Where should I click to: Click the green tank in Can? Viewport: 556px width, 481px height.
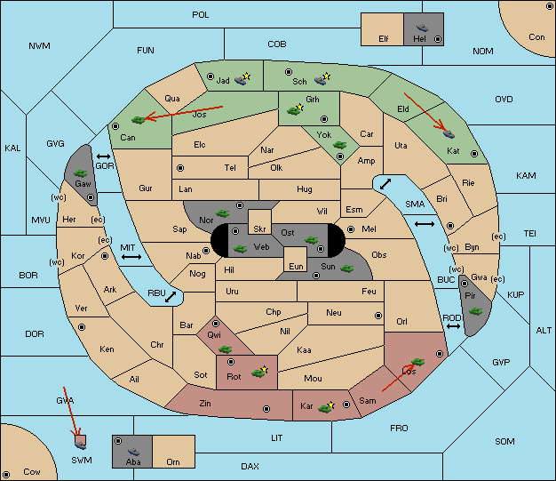[x=139, y=120]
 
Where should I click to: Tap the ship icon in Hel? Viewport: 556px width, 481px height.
[x=422, y=28]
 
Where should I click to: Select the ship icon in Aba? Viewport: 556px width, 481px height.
[x=134, y=451]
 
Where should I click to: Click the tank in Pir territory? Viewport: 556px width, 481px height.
[x=475, y=311]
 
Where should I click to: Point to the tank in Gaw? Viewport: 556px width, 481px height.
[x=81, y=172]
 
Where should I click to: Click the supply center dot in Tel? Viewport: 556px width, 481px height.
[x=180, y=167]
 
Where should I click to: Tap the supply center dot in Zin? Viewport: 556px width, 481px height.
[x=266, y=409]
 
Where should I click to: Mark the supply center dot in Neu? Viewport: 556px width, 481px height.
[x=378, y=316]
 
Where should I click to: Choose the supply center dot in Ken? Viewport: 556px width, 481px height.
[x=82, y=327]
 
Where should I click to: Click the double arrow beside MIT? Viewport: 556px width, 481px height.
[x=131, y=257]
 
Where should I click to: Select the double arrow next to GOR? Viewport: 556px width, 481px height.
[x=104, y=156]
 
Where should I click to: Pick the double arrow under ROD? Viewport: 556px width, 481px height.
[x=453, y=326]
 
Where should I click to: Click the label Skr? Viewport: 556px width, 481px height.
[x=259, y=229]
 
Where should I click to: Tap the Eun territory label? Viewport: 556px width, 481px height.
[x=296, y=266]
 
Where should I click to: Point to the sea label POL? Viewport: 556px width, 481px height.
[x=201, y=15]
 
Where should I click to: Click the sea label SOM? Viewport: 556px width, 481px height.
[x=504, y=441]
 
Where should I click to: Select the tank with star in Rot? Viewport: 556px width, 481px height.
[x=259, y=372]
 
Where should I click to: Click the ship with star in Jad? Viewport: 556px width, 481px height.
[x=242, y=79]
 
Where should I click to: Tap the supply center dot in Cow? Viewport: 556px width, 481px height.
[x=6, y=475]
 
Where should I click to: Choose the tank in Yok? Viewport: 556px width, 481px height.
[x=339, y=145]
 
